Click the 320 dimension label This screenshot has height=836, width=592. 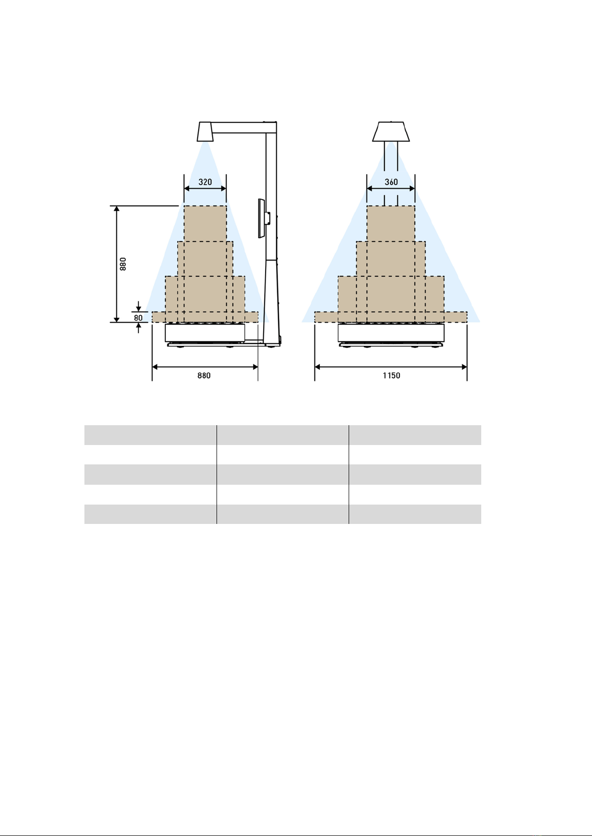pyautogui.click(x=205, y=182)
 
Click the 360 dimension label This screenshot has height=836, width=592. pyautogui.click(x=391, y=182)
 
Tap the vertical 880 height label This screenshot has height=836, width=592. pyautogui.click(x=123, y=264)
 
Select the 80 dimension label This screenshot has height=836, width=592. pyautogui.click(x=138, y=318)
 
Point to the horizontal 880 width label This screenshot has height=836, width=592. pyautogui.click(x=204, y=376)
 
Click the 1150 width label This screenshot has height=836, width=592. pyautogui.click(x=391, y=376)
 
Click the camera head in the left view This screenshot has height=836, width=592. pyautogui.click(x=206, y=131)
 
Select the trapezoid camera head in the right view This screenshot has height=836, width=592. pyautogui.click(x=391, y=131)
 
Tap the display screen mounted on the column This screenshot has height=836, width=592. pyautogui.click(x=261, y=218)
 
